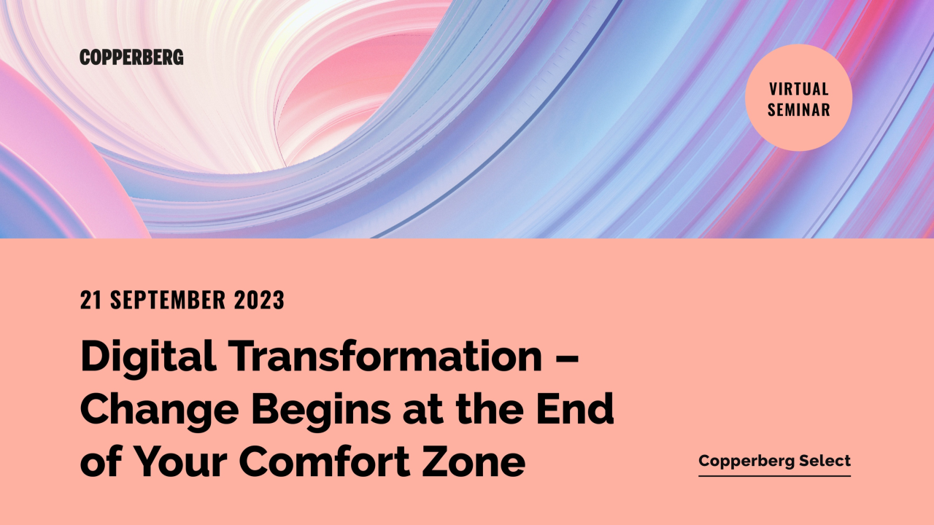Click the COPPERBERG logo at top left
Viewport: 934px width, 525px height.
pyautogui.click(x=131, y=58)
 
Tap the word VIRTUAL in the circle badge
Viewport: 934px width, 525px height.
pyautogui.click(x=799, y=89)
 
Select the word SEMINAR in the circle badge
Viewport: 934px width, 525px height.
pyautogui.click(x=799, y=111)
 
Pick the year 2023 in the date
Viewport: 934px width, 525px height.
pyautogui.click(x=260, y=300)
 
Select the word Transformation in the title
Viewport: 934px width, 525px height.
pyautogui.click(x=385, y=357)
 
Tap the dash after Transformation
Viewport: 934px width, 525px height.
pyautogui.click(x=571, y=357)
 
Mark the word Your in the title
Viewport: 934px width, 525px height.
pyautogui.click(x=182, y=462)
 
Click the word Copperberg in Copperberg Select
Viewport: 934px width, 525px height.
pyautogui.click(x=740, y=461)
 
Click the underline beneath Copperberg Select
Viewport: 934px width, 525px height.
pyautogui.click(x=774, y=476)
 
